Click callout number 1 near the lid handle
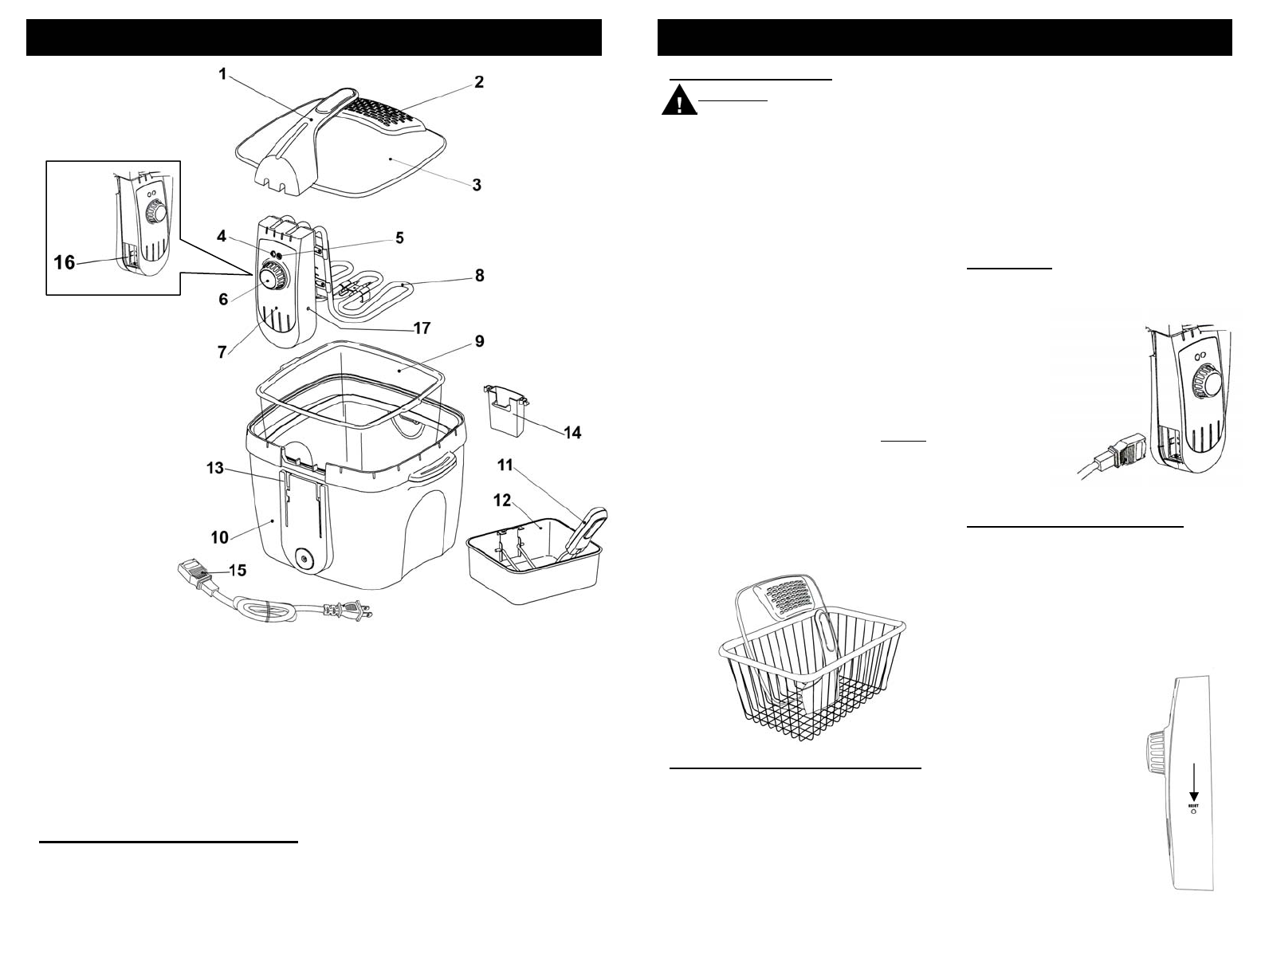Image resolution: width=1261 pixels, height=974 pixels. [x=224, y=74]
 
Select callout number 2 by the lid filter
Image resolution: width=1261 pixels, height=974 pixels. [x=478, y=82]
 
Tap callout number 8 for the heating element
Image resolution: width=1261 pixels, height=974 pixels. [x=479, y=276]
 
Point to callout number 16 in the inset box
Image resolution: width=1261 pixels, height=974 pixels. [x=64, y=261]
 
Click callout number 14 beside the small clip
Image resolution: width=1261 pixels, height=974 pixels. [x=572, y=433]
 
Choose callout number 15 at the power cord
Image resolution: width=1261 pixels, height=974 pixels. [x=238, y=571]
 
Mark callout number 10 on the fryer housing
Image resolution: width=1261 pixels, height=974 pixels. [x=219, y=538]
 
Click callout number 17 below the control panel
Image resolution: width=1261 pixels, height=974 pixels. [x=422, y=328]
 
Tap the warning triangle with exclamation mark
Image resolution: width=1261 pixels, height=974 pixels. [x=679, y=103]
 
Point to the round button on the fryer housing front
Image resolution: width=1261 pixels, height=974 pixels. [x=304, y=559]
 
